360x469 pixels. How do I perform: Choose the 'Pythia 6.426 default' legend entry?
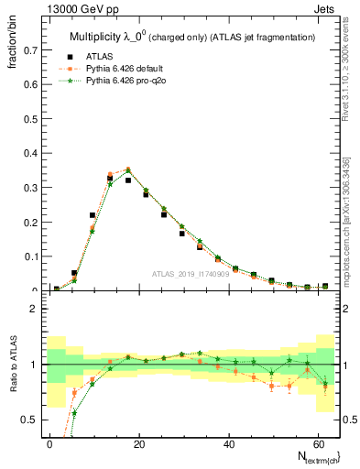[x=138, y=68]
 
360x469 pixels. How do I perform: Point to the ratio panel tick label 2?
[x=32, y=310]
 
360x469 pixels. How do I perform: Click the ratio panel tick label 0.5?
[x=27, y=420]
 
